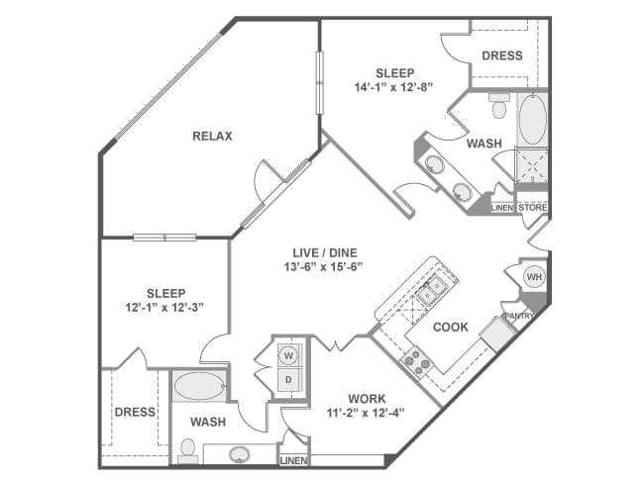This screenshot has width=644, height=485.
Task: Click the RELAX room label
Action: (x=212, y=137)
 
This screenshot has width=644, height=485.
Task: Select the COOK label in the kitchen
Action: (x=451, y=326)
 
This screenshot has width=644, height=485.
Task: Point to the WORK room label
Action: (x=367, y=399)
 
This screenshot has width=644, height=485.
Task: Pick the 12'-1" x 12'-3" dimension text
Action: (x=165, y=307)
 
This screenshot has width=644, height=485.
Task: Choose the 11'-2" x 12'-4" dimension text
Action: (x=367, y=413)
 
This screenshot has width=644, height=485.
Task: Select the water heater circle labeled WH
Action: (x=534, y=276)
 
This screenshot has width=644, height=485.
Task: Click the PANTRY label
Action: (x=519, y=316)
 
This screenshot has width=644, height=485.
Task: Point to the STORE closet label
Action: (x=533, y=207)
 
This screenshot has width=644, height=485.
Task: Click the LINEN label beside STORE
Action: (x=503, y=207)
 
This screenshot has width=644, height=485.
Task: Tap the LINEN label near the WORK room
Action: (x=294, y=461)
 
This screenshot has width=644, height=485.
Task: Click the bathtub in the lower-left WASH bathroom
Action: (x=199, y=385)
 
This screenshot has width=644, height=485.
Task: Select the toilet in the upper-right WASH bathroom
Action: (x=499, y=104)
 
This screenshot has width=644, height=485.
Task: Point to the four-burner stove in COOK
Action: (x=416, y=358)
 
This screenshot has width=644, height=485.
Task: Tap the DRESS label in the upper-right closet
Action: (x=501, y=55)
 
